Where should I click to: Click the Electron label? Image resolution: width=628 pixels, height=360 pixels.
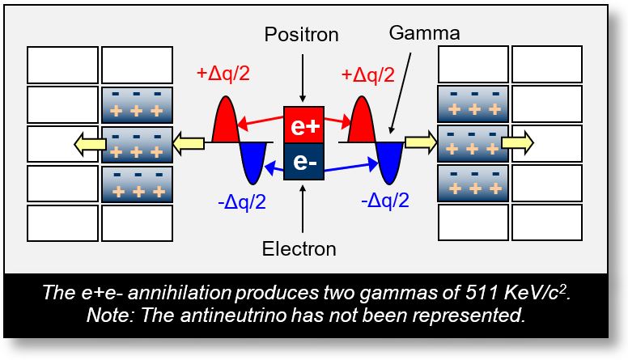click(x=299, y=249)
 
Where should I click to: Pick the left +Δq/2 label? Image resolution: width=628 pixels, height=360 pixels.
click(x=223, y=74)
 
